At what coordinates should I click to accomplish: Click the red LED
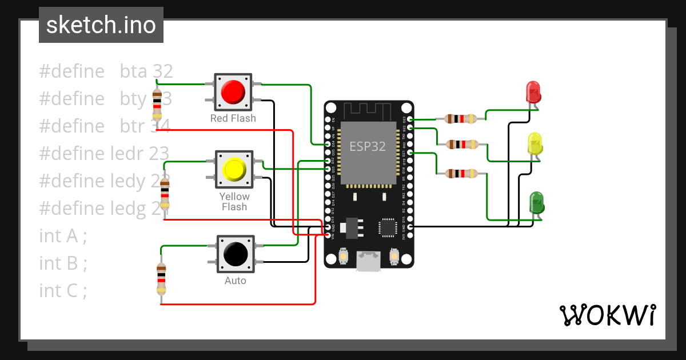533,91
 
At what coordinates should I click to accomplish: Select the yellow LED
535,143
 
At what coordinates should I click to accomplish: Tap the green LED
537,203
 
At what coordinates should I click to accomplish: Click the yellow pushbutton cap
234,169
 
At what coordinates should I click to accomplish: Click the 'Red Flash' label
233,118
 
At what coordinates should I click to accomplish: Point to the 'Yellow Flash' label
234,202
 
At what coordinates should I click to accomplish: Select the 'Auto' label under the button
235,281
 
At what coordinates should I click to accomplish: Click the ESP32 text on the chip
368,146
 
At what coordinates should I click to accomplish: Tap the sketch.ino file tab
101,25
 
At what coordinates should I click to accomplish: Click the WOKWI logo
607,315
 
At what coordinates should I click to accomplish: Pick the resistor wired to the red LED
460,119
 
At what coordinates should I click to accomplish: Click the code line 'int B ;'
63,263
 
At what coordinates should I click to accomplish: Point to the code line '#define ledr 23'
103,153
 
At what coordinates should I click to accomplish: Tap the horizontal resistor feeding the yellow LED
461,145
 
